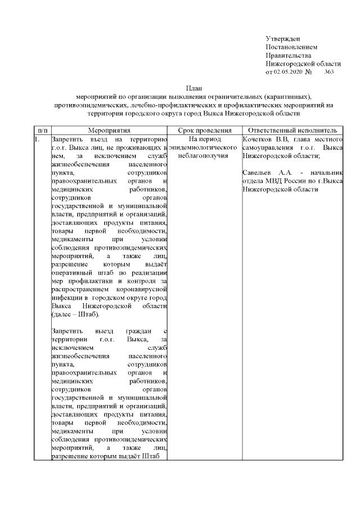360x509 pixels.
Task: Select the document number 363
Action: (x=330, y=72)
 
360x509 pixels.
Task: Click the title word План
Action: (x=194, y=88)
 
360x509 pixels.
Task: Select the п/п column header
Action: (x=40, y=130)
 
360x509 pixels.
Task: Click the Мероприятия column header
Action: (x=108, y=130)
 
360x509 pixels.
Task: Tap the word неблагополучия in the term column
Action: (x=204, y=156)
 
